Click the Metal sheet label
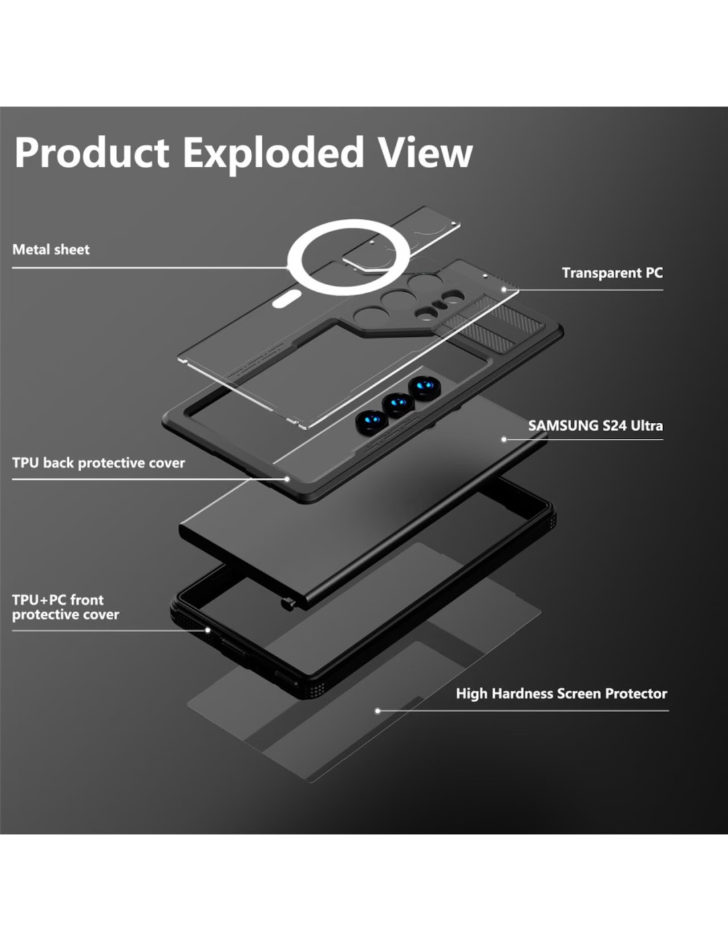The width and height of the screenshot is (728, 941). [x=51, y=249]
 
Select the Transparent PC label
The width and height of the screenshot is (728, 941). [x=612, y=273]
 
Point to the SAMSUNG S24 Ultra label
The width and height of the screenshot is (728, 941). [x=596, y=426]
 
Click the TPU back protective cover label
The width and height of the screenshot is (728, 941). [x=99, y=463]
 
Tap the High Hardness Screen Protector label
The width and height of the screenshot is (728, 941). [x=561, y=694]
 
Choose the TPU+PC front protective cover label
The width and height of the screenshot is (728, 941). [x=66, y=607]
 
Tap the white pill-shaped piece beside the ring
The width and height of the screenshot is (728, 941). [x=287, y=299]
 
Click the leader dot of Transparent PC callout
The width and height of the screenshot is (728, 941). [x=504, y=289]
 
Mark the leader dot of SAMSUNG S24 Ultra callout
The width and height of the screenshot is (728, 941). [x=504, y=439]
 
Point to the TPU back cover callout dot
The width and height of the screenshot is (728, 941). [x=287, y=479]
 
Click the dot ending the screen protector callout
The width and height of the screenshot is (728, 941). [x=378, y=711]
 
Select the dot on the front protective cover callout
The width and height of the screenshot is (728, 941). [x=207, y=630]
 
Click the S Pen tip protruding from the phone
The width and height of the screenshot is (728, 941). [x=287, y=604]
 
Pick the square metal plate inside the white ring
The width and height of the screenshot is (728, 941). [x=360, y=263]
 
